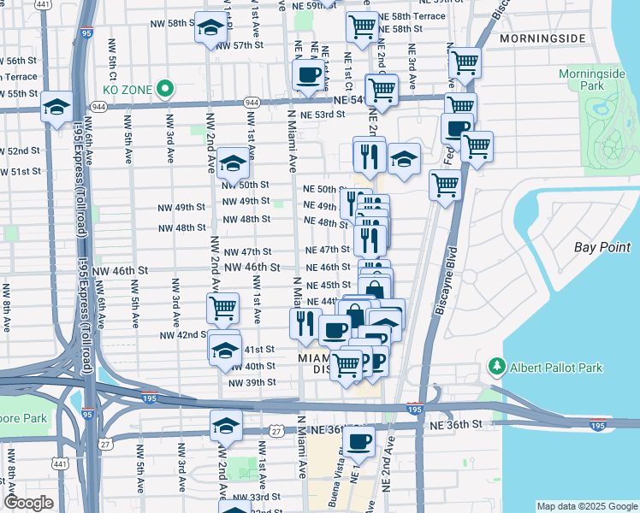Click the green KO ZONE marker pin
[167, 88]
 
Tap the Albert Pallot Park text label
[557, 368]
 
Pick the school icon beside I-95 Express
[57, 107]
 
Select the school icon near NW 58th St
[209, 29]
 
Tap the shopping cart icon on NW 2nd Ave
[223, 306]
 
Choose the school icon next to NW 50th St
[233, 162]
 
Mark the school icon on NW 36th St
[226, 425]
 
